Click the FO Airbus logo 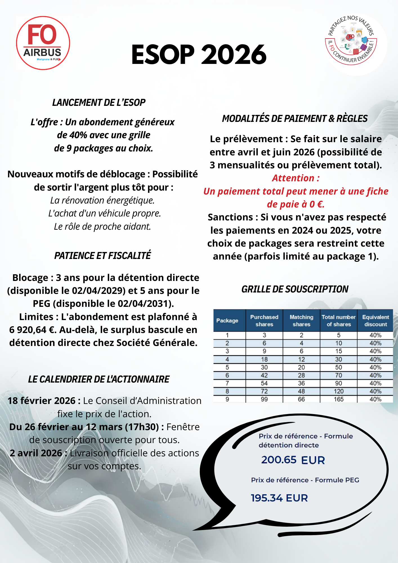coord(43,43)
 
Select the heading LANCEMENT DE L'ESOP coord(99,103)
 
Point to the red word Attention coord(295,178)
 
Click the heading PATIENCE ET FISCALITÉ coord(102,256)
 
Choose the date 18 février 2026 coord(41,401)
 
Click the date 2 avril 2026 coord(36,453)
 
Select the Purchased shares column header coord(264,321)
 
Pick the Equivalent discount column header coord(375,321)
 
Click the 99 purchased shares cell coord(264,399)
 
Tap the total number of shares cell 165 coord(339,399)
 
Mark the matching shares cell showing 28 coord(301,375)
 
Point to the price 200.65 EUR coord(293,460)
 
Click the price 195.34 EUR coord(279,498)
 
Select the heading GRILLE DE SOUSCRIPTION coord(295,289)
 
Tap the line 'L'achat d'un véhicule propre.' coord(104,213)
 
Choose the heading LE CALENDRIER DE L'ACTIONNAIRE coord(99,379)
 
